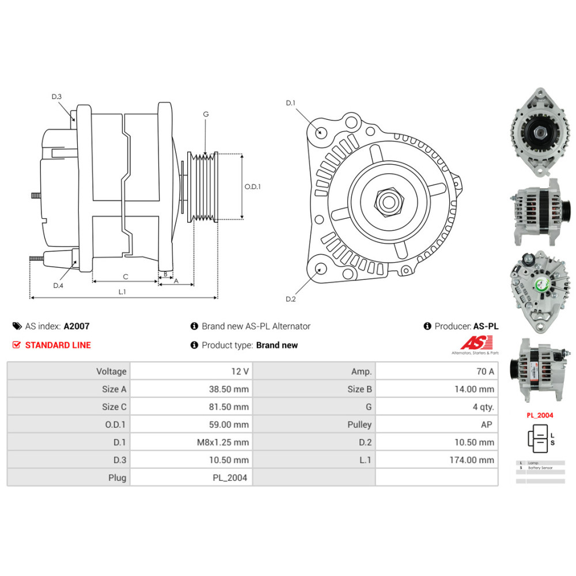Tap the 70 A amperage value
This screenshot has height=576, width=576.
tap(483, 372)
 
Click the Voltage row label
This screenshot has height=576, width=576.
tap(111, 372)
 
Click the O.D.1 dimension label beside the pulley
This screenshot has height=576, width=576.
tap(252, 187)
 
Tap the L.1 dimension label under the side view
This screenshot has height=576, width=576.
tap(122, 292)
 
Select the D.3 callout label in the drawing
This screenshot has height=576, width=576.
tap(56, 97)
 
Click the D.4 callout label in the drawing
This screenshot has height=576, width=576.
tap(58, 286)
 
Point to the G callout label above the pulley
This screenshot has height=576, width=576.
tap(206, 114)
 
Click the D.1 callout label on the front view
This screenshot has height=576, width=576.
tap(290, 103)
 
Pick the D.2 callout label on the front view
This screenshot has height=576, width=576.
tap(290, 298)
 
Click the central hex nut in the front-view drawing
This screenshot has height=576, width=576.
tap(386, 202)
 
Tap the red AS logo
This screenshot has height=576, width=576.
tap(474, 343)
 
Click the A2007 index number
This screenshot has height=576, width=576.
tap(77, 326)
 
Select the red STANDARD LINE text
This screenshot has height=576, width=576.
tap(58, 345)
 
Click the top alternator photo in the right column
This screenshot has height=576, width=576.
tap(536, 131)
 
